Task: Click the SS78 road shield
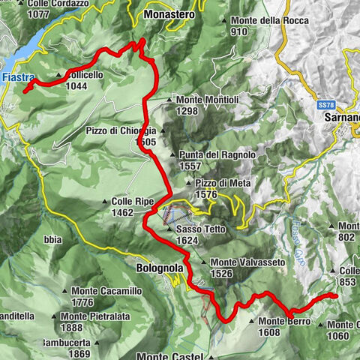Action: click(324, 104)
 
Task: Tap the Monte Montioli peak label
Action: click(202, 99)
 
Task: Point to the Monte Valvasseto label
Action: click(242, 262)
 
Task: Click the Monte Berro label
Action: click(283, 320)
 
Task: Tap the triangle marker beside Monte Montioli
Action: click(169, 99)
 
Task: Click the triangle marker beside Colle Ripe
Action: click(106, 202)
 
